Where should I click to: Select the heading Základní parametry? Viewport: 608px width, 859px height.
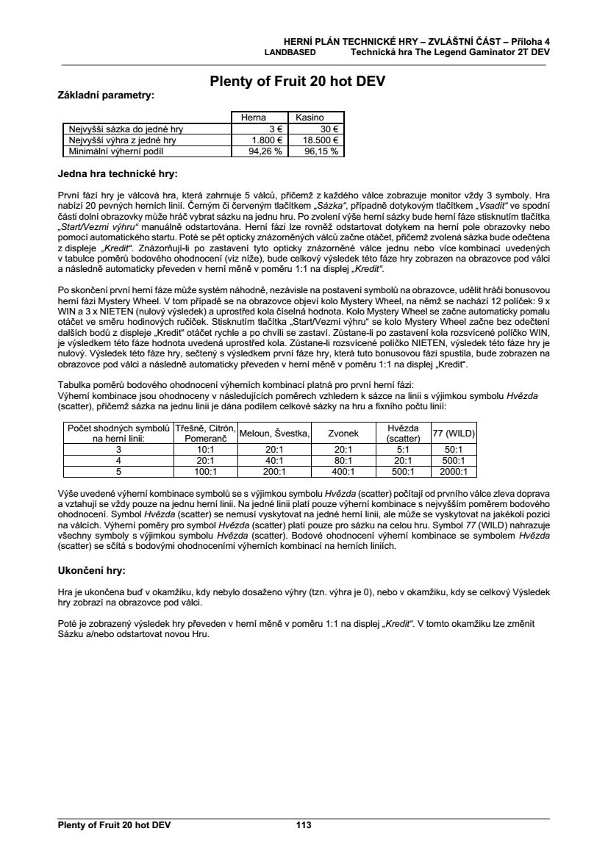pyautogui.click(x=106, y=96)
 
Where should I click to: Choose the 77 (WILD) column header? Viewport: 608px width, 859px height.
pyautogui.click(x=454, y=433)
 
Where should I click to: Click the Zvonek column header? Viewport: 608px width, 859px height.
pyautogui.click(x=343, y=433)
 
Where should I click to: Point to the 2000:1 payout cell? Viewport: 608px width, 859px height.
pyautogui.click(x=454, y=472)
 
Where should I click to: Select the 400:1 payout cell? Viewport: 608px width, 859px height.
pyautogui.click(x=343, y=472)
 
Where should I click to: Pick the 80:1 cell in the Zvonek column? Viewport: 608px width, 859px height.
pyautogui.click(x=343, y=461)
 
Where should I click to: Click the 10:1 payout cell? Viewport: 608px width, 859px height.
pyautogui.click(x=205, y=449)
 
